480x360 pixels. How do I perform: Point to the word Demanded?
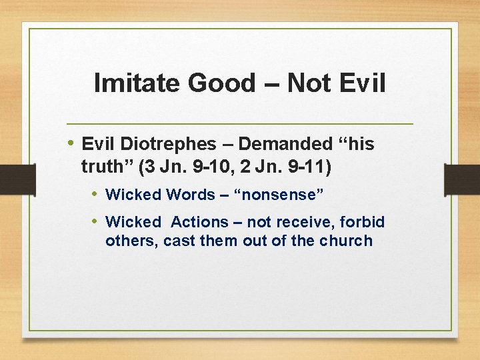click(285, 144)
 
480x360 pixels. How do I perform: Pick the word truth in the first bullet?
click(103, 167)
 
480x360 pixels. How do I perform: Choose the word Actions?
click(200, 222)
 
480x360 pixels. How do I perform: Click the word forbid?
click(364, 222)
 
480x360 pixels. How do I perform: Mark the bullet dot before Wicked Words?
click(95, 194)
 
